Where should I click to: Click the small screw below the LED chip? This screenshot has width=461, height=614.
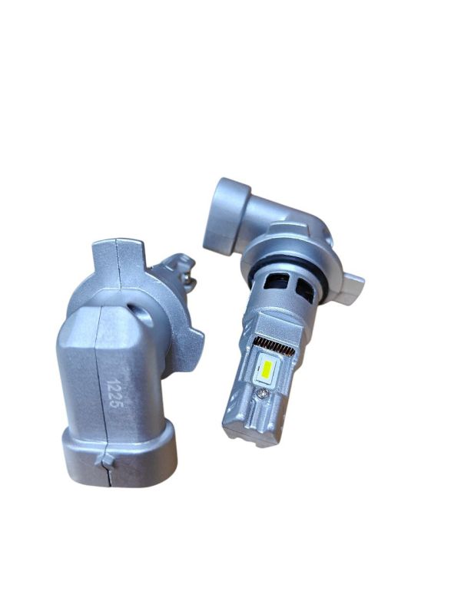click(x=260, y=394)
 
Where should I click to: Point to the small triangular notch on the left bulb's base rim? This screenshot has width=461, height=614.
click(x=106, y=461)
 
